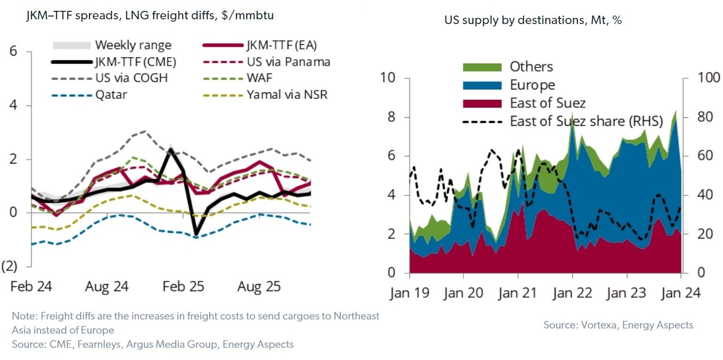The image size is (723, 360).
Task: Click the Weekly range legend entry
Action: [112, 45]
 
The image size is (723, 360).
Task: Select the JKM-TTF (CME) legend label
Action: [136, 62]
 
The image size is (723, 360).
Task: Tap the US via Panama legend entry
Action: [289, 62]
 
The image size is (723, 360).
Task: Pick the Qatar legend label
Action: [111, 95]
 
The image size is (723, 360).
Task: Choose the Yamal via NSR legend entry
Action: [287, 95]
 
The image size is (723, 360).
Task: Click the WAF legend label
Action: [260, 78]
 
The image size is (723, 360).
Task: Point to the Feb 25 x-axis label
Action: [183, 286]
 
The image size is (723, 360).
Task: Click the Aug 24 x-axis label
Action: [107, 286]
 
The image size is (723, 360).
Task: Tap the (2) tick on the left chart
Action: [9, 266]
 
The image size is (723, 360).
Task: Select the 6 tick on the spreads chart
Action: [13, 51]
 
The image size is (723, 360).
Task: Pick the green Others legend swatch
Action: [482, 67]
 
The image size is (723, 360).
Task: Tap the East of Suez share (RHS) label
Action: [586, 122]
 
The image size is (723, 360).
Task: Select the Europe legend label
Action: [533, 85]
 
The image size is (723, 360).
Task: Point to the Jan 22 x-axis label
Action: [572, 293]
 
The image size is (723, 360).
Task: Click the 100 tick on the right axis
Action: [709, 78]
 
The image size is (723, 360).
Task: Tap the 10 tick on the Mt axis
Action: [388, 78]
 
